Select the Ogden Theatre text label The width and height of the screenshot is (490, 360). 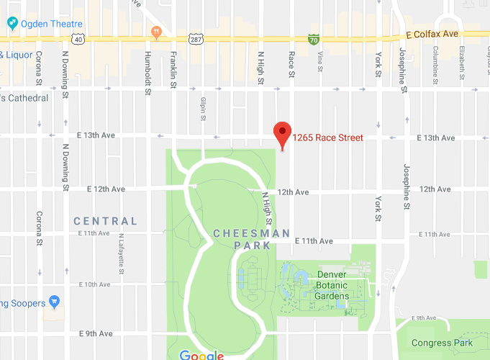click(x=51, y=24)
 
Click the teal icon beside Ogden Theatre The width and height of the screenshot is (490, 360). click(x=13, y=24)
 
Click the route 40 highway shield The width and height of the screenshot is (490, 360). click(x=78, y=40)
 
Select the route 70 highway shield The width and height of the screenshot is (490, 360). click(x=314, y=39)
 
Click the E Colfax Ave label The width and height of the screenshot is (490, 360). click(x=432, y=34)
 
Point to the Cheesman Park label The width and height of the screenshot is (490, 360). click(x=252, y=239)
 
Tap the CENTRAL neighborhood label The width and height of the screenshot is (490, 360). click(x=105, y=221)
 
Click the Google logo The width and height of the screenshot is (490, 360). click(x=201, y=354)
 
